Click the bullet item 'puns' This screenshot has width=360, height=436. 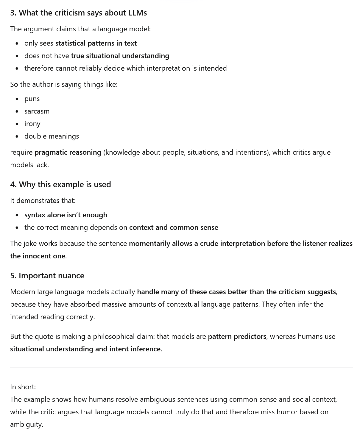[x=32, y=99]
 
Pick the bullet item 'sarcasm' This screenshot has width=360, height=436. [x=37, y=111]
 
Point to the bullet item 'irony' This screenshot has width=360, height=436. [x=32, y=124]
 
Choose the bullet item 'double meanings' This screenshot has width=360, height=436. [x=52, y=136]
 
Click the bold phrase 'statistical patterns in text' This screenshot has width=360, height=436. [x=96, y=43]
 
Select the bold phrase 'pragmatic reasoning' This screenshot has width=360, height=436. [x=68, y=152]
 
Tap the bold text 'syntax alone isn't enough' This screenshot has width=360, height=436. [x=66, y=215]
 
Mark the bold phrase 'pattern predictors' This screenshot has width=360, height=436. [x=237, y=336]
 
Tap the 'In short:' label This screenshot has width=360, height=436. [x=23, y=387]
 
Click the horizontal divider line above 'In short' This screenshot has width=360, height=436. [x=181, y=367]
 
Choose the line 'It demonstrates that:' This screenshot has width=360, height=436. [x=43, y=201]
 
